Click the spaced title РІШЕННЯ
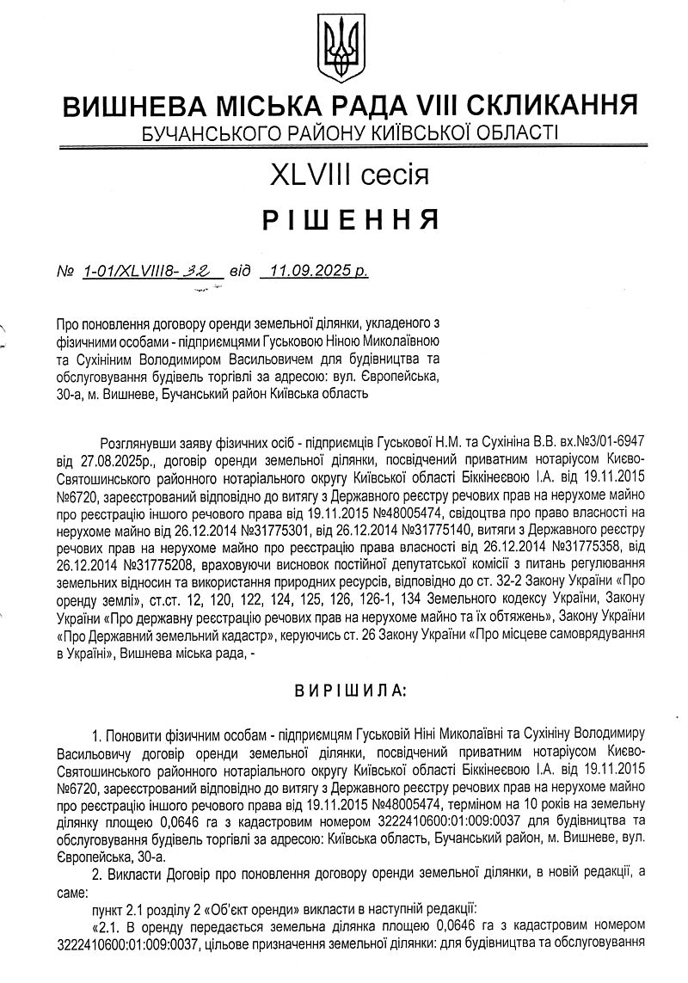pyautogui.click(x=347, y=220)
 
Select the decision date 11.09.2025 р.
pyautogui.click(x=317, y=272)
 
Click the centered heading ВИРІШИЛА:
pyautogui.click(x=345, y=690)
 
